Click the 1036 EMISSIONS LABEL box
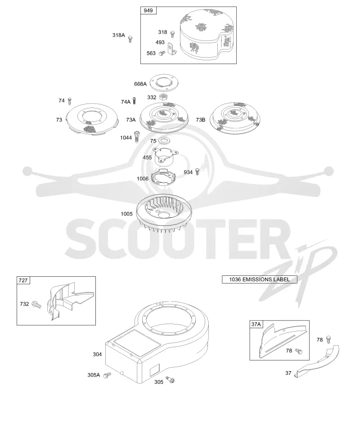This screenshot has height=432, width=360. pos(260,279)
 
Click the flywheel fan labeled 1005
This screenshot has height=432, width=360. pos(164,213)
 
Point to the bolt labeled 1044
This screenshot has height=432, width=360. pos(136,137)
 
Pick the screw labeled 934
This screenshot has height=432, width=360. pos(197,171)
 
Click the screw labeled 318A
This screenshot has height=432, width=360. pos(130,39)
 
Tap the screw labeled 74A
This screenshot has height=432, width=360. pos(135,100)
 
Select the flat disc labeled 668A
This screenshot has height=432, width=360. pos(164,82)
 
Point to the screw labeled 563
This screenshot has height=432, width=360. pos(162,53)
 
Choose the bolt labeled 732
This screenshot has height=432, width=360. pos(36,304)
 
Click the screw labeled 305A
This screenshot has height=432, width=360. pos(107,375)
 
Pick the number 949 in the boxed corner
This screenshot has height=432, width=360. pos(148,10)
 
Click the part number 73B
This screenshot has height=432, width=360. pos(201,120)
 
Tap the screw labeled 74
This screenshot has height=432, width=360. pos(69,101)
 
